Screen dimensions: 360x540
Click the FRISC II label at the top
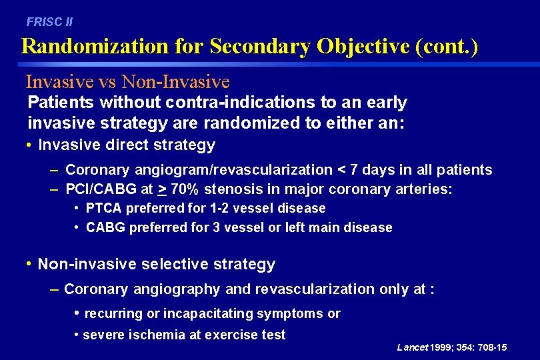(49, 21)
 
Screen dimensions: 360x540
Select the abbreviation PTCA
(103, 209)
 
